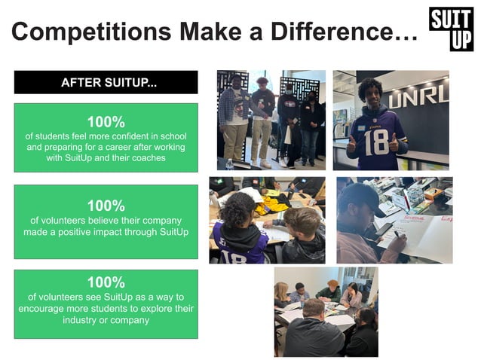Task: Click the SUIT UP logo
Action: coord(451,29)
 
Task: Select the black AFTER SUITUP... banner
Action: coord(106,82)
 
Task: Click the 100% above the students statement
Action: coord(106,121)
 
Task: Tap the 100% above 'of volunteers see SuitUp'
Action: coord(106,282)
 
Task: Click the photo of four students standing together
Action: coord(271,120)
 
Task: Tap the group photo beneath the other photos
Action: coord(325,311)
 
